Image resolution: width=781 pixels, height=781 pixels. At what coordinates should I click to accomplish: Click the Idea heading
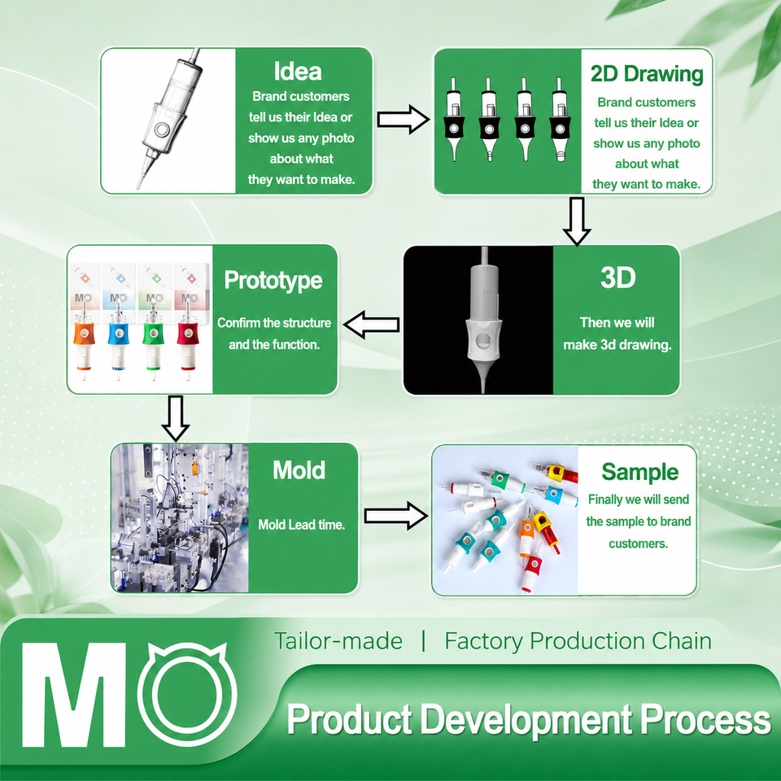click(x=298, y=72)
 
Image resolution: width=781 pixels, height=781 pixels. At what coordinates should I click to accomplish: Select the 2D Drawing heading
click(x=647, y=74)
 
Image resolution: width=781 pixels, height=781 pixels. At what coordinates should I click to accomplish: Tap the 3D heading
click(x=617, y=278)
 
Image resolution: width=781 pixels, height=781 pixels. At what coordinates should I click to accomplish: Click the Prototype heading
click(x=273, y=281)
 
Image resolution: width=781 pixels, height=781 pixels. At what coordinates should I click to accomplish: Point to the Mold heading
click(x=299, y=470)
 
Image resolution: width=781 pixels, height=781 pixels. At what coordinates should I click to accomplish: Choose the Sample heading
click(x=639, y=472)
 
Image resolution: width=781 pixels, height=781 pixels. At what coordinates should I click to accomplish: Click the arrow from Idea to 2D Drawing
click(x=403, y=120)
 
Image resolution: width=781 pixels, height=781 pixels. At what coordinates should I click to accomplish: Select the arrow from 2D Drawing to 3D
click(x=577, y=221)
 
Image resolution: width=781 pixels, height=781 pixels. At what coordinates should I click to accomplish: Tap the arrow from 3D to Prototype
click(x=372, y=325)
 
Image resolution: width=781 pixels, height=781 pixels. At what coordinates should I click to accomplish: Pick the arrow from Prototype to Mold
click(x=176, y=418)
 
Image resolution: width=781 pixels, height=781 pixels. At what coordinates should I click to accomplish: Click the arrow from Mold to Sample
click(x=396, y=516)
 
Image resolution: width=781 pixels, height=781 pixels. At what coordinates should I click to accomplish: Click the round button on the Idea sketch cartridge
click(x=162, y=130)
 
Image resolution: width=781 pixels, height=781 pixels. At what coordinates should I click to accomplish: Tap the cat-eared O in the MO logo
click(x=187, y=693)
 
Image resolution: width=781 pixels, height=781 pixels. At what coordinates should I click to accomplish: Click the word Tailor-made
click(x=338, y=641)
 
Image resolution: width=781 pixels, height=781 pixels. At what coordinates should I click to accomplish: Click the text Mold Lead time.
click(x=301, y=525)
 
